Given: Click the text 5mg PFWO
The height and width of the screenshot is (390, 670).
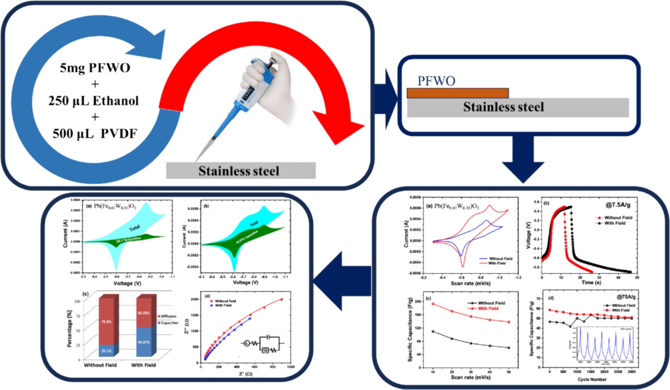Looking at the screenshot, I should tap(95, 68).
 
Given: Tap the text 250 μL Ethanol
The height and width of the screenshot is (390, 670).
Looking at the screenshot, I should tap(94, 101).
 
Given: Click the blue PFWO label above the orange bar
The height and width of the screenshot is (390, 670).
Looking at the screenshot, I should tap(436, 81).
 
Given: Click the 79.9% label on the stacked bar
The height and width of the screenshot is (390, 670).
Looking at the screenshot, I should tap(106, 322).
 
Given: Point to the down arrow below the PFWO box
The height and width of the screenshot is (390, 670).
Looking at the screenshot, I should tap(523, 159).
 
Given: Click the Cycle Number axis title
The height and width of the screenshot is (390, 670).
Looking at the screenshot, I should tap(592, 379).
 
